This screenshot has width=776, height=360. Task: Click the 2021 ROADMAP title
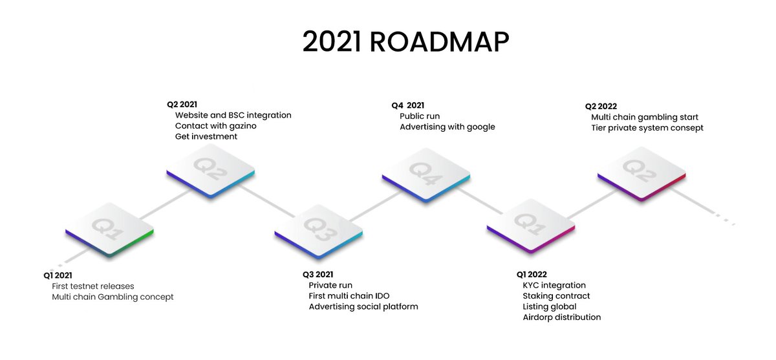405,42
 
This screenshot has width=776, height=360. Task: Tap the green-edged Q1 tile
109,228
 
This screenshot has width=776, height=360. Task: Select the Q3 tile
318,227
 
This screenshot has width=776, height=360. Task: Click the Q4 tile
426,173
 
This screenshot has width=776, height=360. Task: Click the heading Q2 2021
182,104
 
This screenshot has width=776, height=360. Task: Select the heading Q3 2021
318,275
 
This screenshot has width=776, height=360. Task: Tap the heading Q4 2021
408,105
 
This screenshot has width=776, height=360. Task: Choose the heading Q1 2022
532,275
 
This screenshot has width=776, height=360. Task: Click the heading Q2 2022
601,107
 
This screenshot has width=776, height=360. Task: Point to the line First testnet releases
93,286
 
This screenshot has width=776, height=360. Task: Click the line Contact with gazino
215,126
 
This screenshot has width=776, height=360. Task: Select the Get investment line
206,137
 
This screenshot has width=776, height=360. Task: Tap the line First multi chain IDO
349,296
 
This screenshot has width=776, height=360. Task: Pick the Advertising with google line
447,127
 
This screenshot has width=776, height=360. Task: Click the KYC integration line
554,286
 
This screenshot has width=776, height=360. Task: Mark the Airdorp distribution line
562,317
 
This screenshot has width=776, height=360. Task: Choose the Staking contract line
556,296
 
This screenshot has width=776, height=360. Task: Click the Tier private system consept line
647,128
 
